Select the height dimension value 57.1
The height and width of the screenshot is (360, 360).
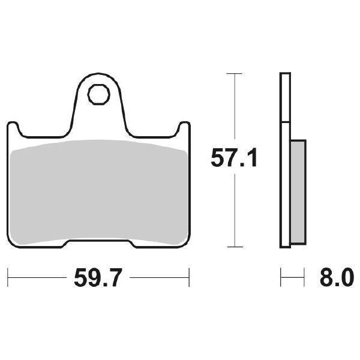click(233, 160)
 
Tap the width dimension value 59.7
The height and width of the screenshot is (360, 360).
click(99, 278)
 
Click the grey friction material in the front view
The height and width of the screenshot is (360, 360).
click(99, 192)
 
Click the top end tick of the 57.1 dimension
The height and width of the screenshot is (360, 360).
click(233, 73)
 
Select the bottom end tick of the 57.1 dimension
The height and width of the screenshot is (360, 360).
click(233, 246)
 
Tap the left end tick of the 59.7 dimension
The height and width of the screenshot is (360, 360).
click(8, 278)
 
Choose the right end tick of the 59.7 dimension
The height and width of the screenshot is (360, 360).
click(189, 278)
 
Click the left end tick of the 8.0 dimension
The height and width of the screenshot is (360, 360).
click(281, 278)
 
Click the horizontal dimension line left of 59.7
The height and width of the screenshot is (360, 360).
click(36, 278)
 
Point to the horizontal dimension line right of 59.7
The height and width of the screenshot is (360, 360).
click(159, 278)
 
